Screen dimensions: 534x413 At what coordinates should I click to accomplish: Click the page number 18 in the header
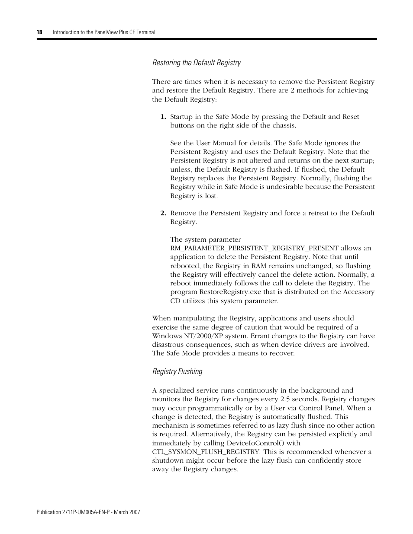point(39,32)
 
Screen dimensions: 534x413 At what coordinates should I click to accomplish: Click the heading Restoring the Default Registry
point(196,63)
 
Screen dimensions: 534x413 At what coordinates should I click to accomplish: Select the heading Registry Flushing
point(177,371)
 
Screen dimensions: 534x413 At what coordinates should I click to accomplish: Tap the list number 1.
point(163,117)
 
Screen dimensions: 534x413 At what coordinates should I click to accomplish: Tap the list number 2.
point(163,213)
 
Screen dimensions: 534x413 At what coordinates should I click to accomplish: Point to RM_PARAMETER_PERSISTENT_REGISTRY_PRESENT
point(254,248)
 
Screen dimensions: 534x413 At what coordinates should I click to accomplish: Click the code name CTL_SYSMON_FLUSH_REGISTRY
point(206,452)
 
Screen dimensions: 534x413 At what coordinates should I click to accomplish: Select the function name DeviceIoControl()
point(263,443)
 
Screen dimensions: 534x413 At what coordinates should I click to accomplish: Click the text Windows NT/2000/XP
point(186,336)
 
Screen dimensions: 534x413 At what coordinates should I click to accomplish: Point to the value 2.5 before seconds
point(285,399)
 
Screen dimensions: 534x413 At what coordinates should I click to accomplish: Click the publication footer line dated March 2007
point(88,512)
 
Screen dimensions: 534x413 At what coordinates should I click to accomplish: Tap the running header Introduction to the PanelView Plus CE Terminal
point(104,32)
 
